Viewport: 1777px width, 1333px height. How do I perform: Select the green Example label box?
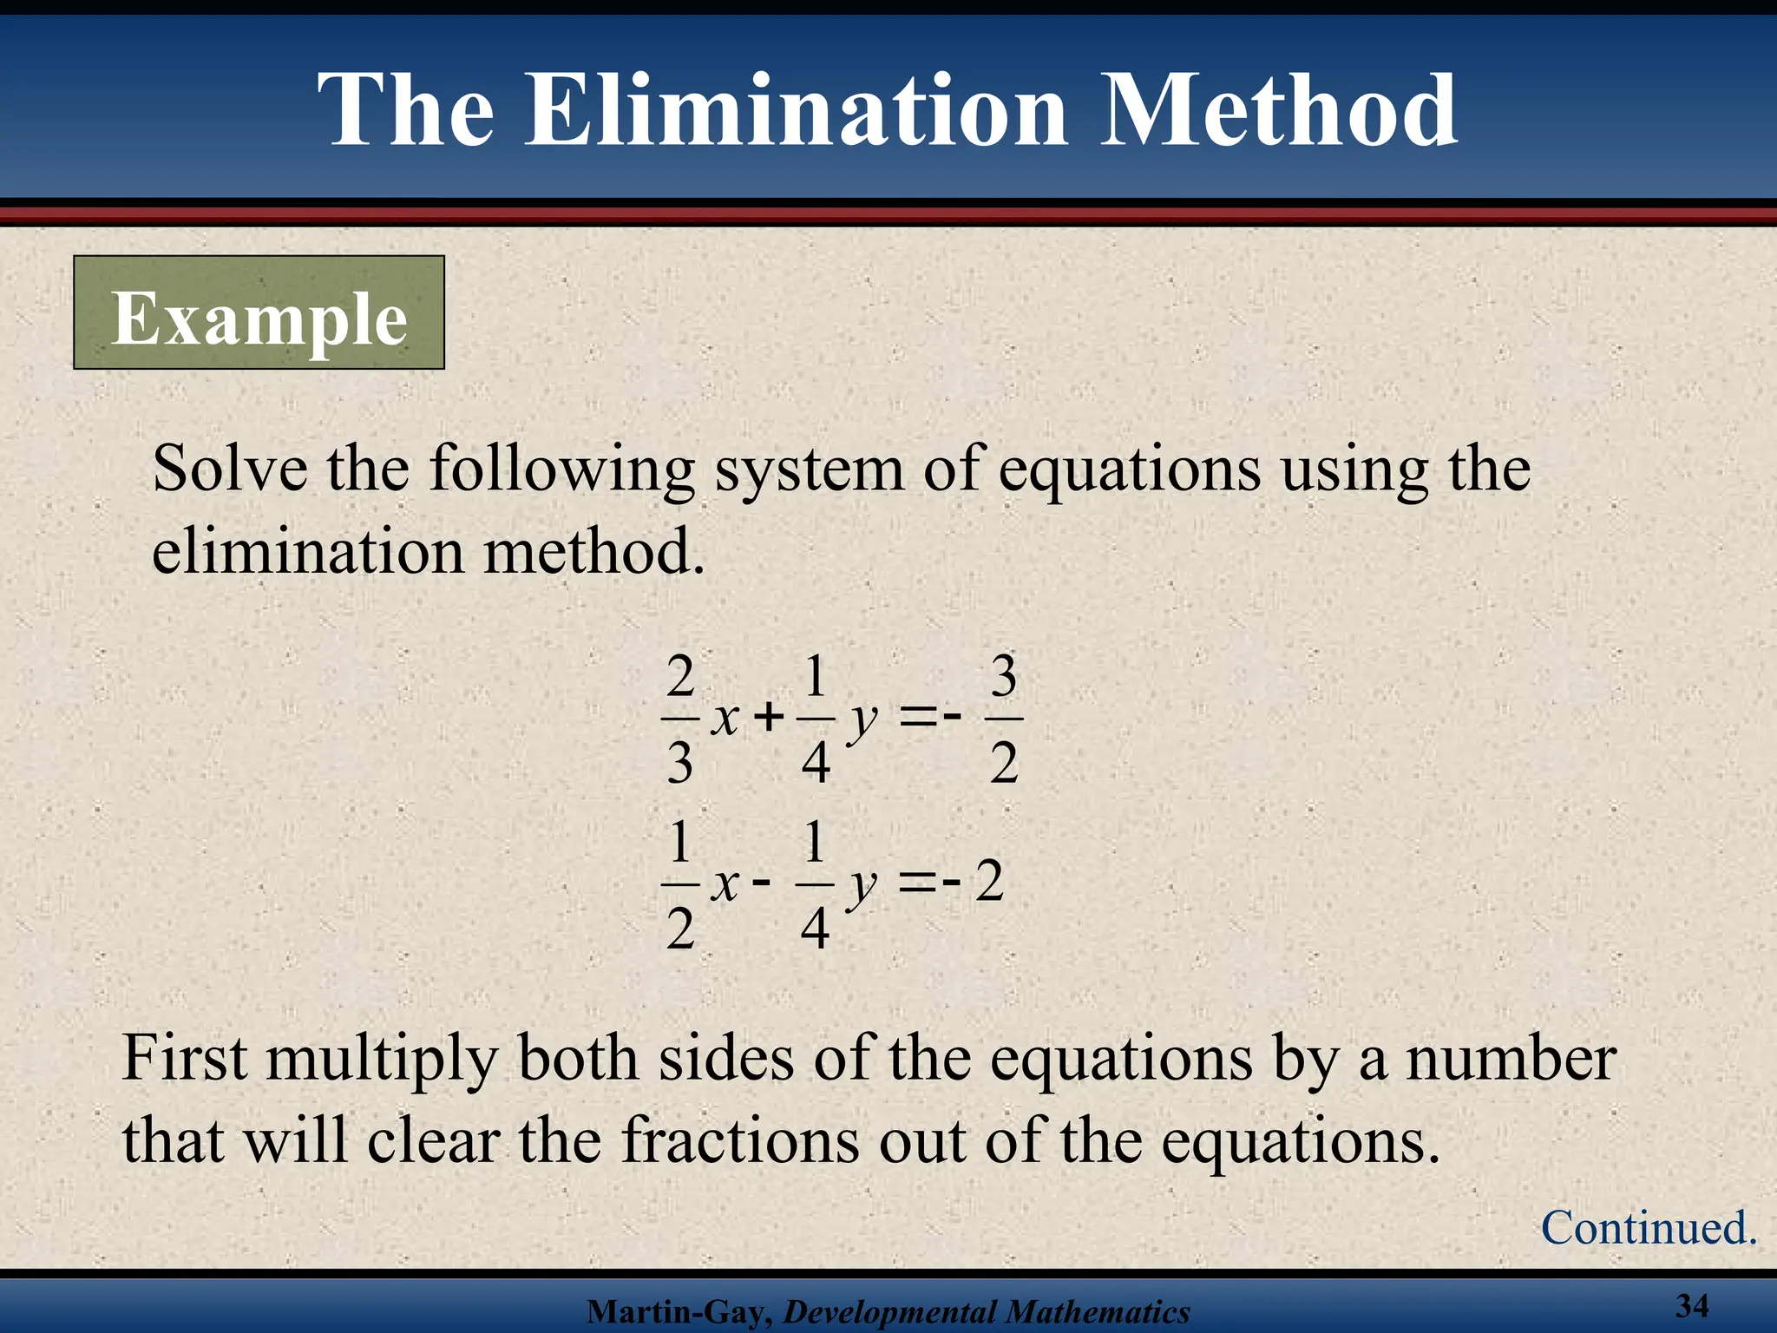259,312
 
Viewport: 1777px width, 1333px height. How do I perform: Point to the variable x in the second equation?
725,883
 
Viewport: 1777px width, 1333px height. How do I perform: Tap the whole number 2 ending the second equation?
989,882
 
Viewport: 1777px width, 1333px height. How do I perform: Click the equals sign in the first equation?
918,718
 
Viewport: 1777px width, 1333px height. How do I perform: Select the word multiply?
382,1060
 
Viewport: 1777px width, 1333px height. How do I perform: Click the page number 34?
1692,1304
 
